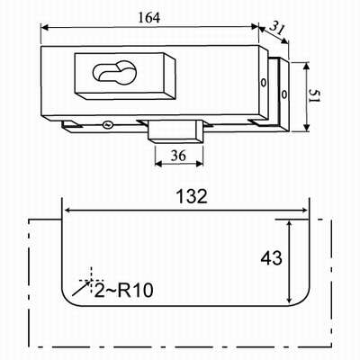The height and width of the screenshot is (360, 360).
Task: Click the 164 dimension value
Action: (x=149, y=18)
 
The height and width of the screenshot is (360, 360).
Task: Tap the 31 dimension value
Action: (x=277, y=29)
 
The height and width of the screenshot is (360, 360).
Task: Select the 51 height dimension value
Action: (x=315, y=96)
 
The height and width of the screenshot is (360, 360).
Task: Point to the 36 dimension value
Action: (x=178, y=156)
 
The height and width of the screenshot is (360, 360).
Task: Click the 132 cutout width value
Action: (x=192, y=196)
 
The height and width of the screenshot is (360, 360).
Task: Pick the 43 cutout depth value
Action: (x=271, y=258)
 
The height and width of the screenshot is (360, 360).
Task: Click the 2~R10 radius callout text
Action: (x=124, y=291)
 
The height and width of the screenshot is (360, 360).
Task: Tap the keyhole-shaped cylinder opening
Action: (x=115, y=72)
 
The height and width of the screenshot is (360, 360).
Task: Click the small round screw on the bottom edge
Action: (x=107, y=125)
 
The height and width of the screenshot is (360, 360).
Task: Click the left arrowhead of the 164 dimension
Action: (x=45, y=28)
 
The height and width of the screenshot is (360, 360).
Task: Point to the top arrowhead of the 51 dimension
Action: (x=306, y=67)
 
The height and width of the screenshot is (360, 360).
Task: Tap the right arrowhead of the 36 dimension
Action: (x=200, y=163)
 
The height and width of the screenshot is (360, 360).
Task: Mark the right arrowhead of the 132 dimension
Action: (x=304, y=210)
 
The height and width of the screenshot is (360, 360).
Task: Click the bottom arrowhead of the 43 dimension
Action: (x=289, y=299)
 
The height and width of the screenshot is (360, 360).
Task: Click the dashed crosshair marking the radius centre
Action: (x=91, y=280)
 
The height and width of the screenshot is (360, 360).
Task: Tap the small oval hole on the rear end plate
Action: (x=283, y=94)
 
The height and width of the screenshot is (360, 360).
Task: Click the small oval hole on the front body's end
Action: (x=263, y=83)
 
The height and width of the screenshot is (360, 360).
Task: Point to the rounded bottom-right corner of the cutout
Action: (x=304, y=301)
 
